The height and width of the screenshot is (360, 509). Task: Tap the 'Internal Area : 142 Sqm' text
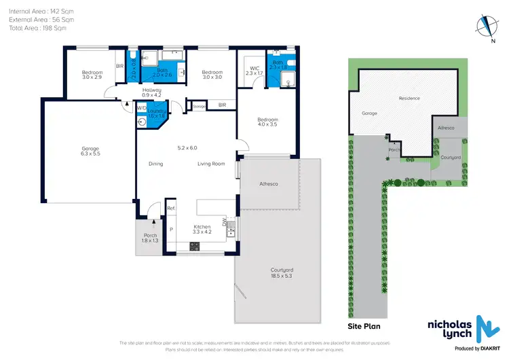click(31, 12)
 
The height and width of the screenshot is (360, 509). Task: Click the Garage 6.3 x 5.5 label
click(90, 151)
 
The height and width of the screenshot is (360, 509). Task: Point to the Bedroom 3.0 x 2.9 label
click(92, 75)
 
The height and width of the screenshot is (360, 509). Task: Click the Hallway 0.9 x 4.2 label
click(151, 93)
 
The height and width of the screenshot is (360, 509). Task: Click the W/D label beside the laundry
click(142, 107)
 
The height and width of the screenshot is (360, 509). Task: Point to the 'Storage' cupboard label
click(199, 107)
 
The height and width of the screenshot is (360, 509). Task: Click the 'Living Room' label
click(211, 164)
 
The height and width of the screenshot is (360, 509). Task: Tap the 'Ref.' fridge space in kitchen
click(171, 208)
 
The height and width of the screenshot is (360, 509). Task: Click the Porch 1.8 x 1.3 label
click(149, 238)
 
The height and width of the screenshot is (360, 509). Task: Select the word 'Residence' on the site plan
click(409, 98)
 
